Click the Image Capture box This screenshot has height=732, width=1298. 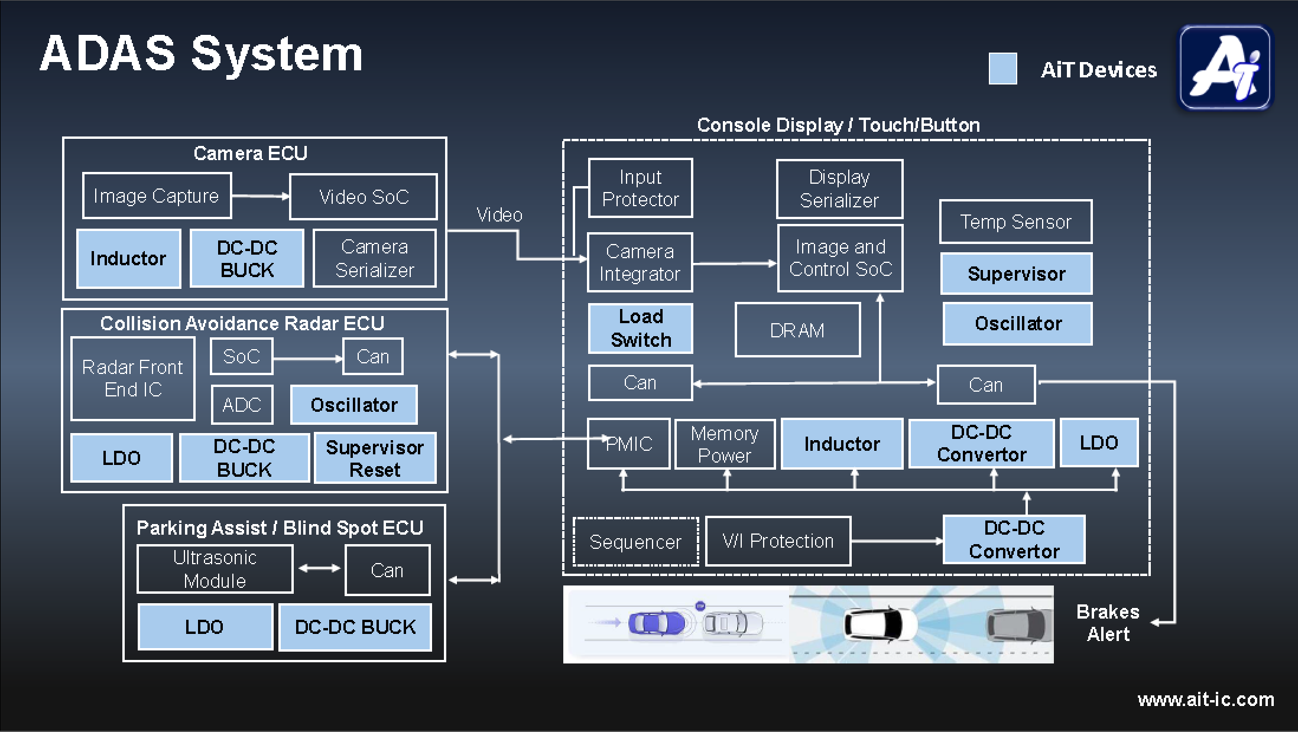point(157,196)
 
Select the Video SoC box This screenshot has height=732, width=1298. point(363,197)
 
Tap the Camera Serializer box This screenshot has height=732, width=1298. point(374,258)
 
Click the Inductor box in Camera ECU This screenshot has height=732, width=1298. point(128,258)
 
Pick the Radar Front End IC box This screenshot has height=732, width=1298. point(132,379)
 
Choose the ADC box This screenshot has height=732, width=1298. point(242,405)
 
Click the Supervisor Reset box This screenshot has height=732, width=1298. point(375,458)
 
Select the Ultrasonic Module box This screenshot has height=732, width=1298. point(215,569)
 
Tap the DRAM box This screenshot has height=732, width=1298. point(797,330)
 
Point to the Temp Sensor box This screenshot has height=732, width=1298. point(1015,222)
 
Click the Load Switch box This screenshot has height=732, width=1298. point(640,328)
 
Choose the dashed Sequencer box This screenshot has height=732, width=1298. point(635,542)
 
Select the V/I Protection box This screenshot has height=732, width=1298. point(778,541)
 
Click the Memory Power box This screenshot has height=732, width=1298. point(725,444)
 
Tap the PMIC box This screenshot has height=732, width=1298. point(628,444)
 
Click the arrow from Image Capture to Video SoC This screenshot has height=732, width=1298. point(261,196)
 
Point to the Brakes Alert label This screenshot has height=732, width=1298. point(1108,623)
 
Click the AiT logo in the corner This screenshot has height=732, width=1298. point(1225,67)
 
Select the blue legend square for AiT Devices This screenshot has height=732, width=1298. point(1002,69)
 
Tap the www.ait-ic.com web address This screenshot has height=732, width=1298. point(1206,700)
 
